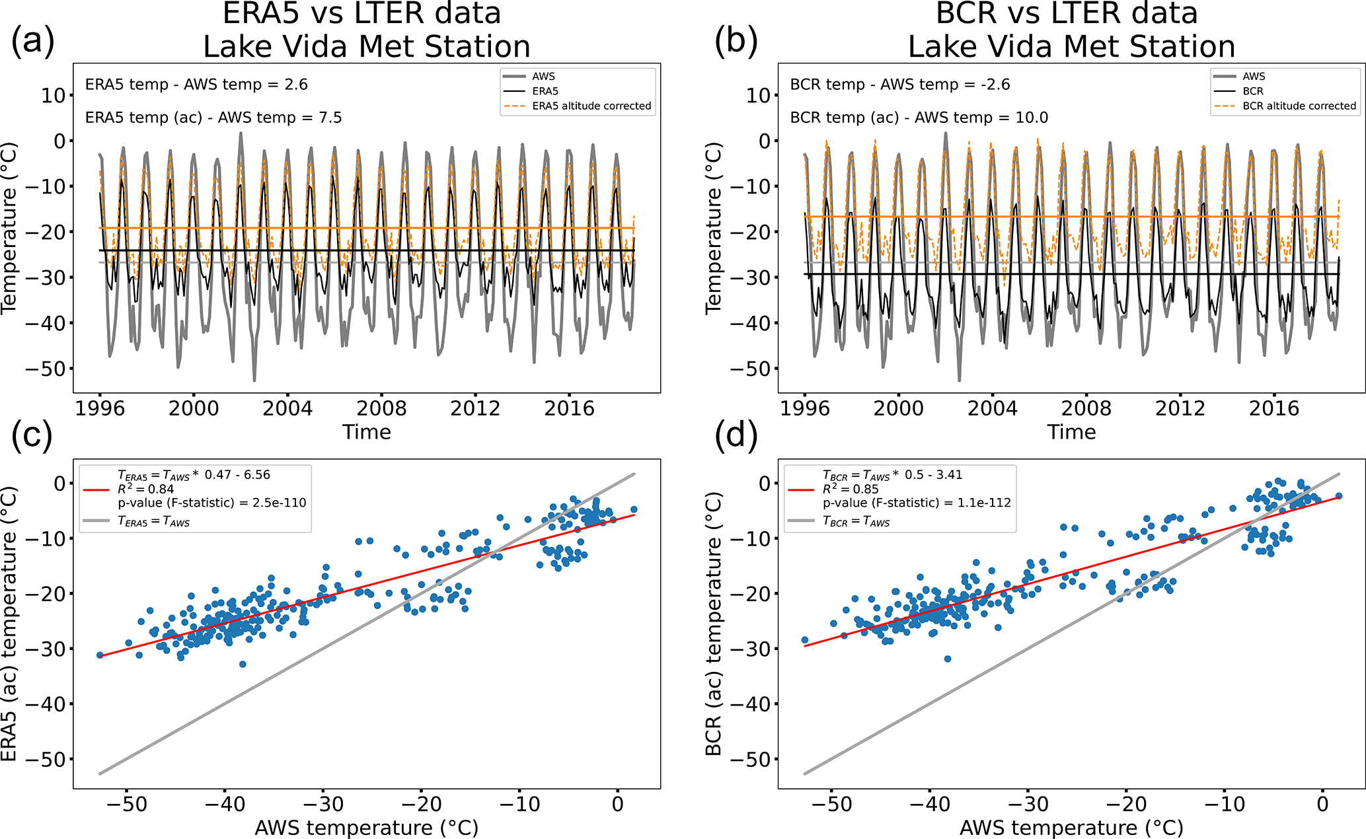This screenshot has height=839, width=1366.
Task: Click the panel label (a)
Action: coord(32,41)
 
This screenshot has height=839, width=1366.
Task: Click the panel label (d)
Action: coord(736,436)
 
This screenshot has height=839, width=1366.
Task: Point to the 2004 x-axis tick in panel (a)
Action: coord(287,408)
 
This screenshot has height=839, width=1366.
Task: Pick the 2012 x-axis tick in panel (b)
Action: coord(1180,408)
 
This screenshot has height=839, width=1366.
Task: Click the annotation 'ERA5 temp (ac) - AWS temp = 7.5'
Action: coord(213,118)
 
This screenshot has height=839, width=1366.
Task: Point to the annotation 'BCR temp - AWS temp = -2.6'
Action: coord(900,85)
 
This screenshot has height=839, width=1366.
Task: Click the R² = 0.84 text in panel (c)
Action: coord(146,489)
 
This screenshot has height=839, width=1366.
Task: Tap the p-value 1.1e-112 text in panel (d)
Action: coord(917,503)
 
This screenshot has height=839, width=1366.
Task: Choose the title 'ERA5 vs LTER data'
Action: coord(361,13)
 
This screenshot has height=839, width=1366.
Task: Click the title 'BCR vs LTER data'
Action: coord(1067,13)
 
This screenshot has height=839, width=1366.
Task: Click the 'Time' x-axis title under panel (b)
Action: coord(1071,432)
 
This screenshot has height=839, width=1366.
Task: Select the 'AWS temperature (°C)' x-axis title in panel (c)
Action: coord(366,827)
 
